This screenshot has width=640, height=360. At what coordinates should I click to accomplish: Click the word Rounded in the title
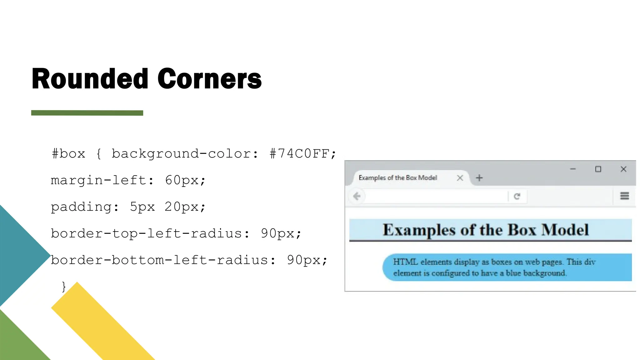pyautogui.click(x=90, y=79)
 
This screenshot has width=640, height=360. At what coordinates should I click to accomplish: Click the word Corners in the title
pyautogui.click(x=209, y=79)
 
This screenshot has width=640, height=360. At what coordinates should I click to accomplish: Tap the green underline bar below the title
pyautogui.click(x=87, y=113)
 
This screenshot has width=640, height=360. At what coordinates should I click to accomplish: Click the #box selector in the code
pyautogui.click(x=68, y=154)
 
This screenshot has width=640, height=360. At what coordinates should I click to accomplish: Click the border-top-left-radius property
pyautogui.click(x=147, y=233)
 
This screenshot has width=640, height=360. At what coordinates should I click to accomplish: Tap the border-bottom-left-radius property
pyautogui.click(x=159, y=260)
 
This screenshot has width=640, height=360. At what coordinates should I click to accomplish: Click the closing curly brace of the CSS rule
pyautogui.click(x=64, y=286)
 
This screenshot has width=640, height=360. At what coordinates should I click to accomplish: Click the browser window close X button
pyautogui.click(x=623, y=169)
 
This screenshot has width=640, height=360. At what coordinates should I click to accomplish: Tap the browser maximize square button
pyautogui.click(x=598, y=169)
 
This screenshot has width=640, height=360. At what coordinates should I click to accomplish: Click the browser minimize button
pyautogui.click(x=573, y=169)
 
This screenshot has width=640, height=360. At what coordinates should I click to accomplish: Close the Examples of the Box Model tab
pyautogui.click(x=460, y=178)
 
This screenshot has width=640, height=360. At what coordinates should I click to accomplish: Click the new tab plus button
pyautogui.click(x=479, y=178)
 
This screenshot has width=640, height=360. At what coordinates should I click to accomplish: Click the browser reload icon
pyautogui.click(x=517, y=196)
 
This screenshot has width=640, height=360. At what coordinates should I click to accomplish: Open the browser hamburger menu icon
pyautogui.click(x=624, y=196)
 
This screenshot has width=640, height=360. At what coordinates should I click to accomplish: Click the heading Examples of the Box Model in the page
pyautogui.click(x=486, y=230)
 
